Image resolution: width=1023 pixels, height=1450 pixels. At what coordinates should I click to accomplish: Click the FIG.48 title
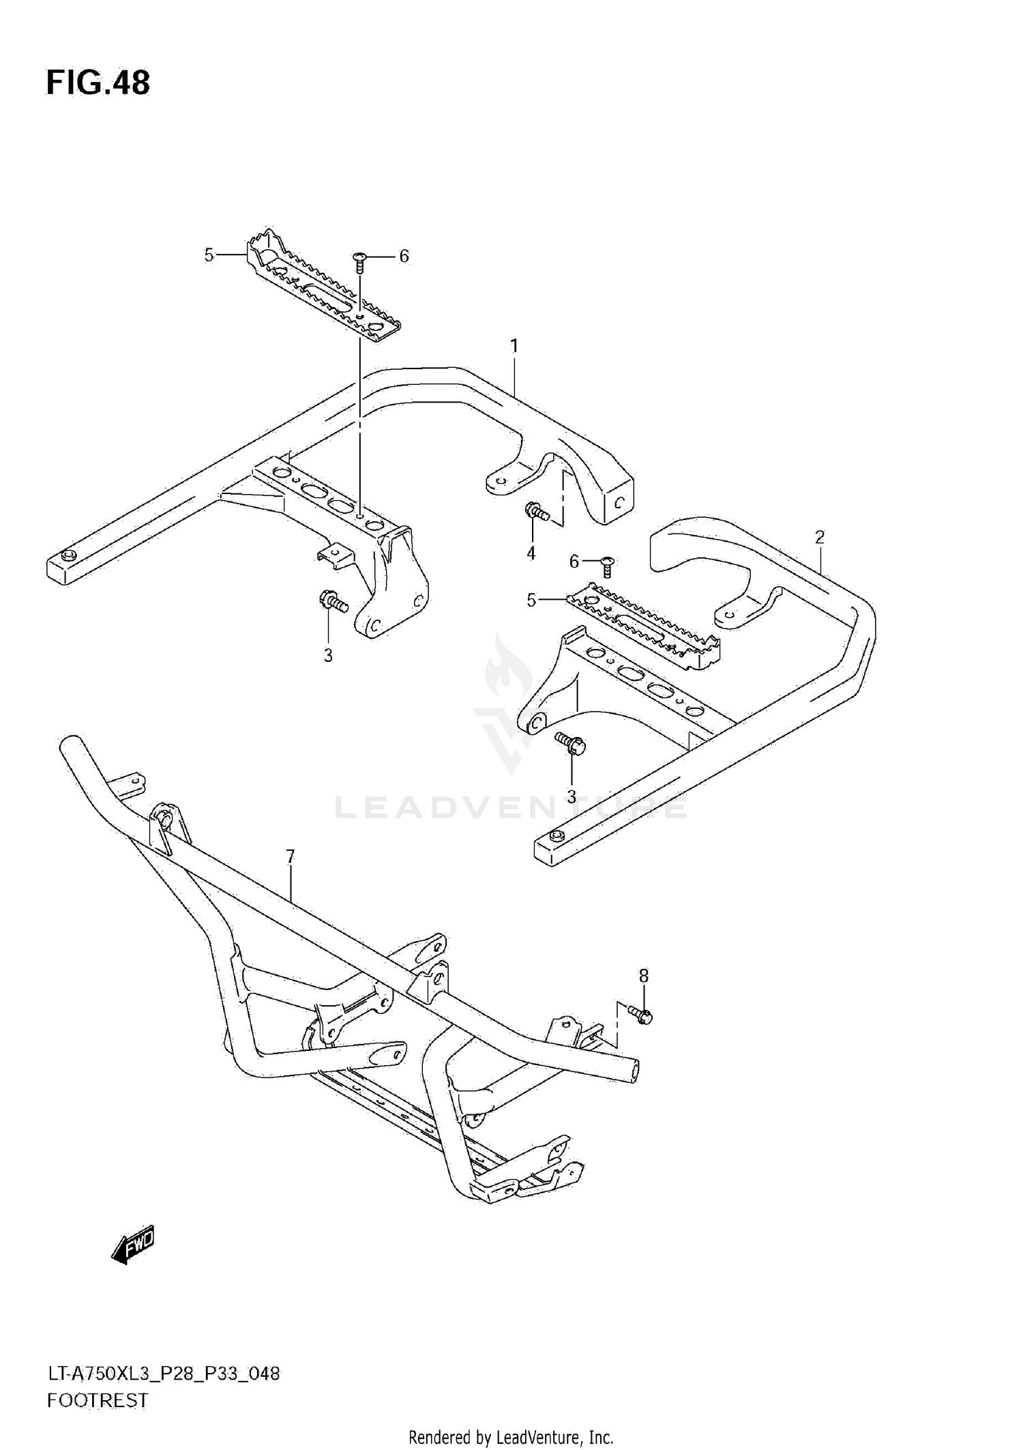(98, 83)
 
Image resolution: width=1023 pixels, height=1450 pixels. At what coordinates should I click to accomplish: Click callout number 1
(514, 347)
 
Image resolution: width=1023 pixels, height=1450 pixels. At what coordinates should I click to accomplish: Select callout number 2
(819, 537)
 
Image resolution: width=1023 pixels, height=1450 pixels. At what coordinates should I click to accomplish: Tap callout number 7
(290, 856)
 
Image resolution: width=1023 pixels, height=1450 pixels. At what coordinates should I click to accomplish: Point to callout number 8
(643, 976)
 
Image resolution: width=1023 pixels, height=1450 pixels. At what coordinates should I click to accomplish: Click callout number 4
(531, 553)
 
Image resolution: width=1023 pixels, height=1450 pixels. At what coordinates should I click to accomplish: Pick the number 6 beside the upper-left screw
(404, 256)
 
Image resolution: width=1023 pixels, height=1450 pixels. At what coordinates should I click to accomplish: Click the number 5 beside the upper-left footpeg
(209, 255)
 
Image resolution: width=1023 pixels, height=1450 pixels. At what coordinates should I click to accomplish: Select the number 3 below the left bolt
(328, 656)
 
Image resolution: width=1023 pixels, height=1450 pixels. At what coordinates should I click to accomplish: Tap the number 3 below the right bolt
(572, 796)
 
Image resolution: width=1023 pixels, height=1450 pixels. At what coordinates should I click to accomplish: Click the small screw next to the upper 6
(359, 261)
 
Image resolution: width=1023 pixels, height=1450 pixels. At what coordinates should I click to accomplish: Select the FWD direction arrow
(133, 1246)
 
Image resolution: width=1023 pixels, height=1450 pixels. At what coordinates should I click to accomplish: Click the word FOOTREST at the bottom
(98, 1401)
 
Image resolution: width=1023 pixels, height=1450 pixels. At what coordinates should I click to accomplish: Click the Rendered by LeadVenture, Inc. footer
(511, 1438)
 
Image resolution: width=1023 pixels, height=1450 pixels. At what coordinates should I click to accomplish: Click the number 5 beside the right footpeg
(531, 600)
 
